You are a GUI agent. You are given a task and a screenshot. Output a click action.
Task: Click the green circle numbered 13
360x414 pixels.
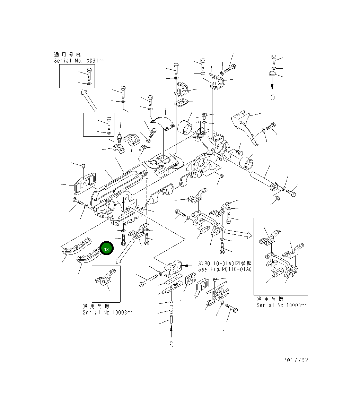(x=106, y=248)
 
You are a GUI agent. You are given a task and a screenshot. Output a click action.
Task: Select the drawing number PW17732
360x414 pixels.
(x=296, y=360)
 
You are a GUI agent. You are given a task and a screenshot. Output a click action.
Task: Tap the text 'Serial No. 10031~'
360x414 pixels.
(x=79, y=61)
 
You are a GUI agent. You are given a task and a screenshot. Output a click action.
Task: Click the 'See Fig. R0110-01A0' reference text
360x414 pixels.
(x=225, y=269)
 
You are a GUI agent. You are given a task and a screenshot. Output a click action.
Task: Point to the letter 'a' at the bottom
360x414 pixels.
(x=172, y=344)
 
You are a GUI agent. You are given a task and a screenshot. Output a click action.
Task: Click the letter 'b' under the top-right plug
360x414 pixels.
(x=272, y=96)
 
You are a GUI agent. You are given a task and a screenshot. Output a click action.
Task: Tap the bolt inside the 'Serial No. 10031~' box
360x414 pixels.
(x=89, y=74)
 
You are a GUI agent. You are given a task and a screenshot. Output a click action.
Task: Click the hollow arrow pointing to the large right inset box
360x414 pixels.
(x=238, y=233)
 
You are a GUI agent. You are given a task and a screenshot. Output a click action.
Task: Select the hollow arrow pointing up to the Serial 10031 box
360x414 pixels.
(x=89, y=100)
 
